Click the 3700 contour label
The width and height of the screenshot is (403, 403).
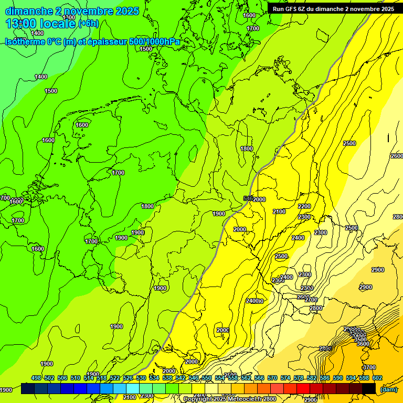coord(369,367)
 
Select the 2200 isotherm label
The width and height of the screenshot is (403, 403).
coord(304,206)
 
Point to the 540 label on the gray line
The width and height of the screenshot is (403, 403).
coord(249,198)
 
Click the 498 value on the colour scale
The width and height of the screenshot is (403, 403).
coord(36,378)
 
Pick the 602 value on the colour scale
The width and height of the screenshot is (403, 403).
coord(377,378)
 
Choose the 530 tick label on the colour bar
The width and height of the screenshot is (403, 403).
coord(141,378)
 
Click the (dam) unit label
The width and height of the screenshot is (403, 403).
coord(388,389)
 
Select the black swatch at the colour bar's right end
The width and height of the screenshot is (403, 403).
coord(369,389)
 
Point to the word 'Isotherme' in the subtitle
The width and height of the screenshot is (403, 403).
coord(25,41)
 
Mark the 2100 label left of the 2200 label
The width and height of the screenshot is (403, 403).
coord(279,211)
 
